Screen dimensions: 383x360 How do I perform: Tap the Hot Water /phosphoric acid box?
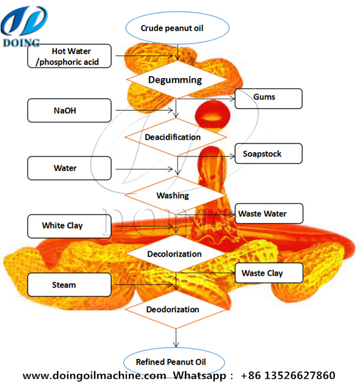(69, 55)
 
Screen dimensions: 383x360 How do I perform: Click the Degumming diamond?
(175, 79)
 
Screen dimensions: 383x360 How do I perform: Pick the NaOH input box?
(69, 110)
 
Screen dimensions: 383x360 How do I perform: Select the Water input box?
(69, 168)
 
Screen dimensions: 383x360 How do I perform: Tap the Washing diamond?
(173, 195)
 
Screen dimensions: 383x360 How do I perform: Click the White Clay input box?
(69, 226)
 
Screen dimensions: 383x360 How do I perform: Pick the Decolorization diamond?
(175, 254)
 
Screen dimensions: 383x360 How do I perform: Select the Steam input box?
(69, 285)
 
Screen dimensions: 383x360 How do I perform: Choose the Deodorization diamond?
(173, 309)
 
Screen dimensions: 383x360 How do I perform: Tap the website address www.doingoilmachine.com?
(95, 376)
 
